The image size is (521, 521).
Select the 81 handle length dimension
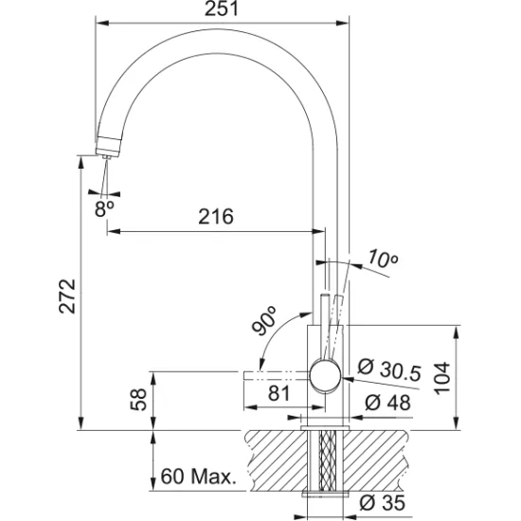pos(278,392)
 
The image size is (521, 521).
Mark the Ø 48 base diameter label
pos(386,404)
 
